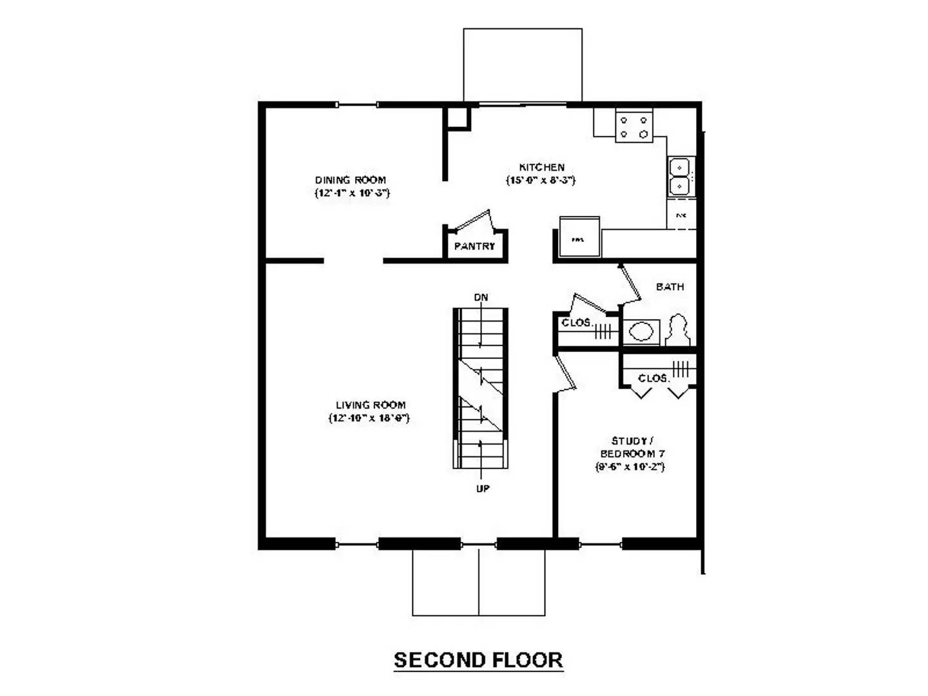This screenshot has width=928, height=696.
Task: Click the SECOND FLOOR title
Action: tap(478, 660)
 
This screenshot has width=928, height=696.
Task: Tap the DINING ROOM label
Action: tap(351, 180)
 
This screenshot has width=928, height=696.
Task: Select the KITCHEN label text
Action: tap(542, 167)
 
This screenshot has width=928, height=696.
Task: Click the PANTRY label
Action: tap(475, 246)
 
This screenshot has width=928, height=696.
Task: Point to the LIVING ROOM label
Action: tap(371, 405)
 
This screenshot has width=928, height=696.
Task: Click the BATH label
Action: tap(670, 287)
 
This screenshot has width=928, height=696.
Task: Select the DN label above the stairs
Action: tap(481, 297)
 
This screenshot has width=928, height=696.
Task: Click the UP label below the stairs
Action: tap(483, 488)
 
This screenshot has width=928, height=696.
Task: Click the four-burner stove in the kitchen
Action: tap(633, 126)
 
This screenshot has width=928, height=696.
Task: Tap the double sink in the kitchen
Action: tap(679, 177)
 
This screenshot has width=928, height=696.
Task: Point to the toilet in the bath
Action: tap(678, 330)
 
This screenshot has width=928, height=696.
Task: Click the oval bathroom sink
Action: tap(641, 332)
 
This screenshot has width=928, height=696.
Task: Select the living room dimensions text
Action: tap(369, 418)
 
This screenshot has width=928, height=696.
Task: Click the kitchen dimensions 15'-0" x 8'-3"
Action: tap(541, 180)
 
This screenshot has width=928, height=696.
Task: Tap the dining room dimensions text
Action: tap(352, 193)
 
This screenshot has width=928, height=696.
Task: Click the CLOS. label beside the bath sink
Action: tap(576, 322)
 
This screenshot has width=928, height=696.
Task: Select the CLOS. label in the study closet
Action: tap(653, 378)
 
